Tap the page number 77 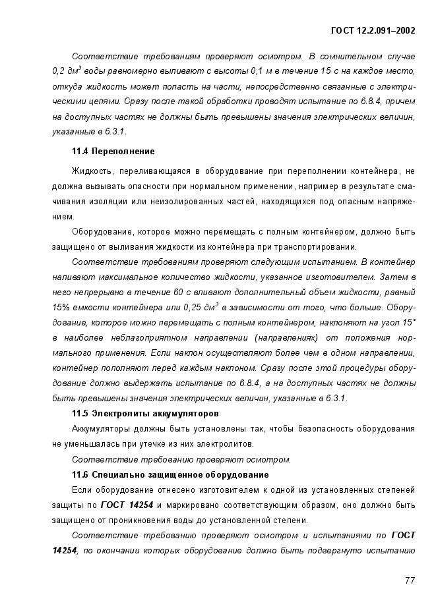[x=410, y=580]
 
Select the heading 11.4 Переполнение [x=113, y=152]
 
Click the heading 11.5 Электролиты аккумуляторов [x=145, y=414]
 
